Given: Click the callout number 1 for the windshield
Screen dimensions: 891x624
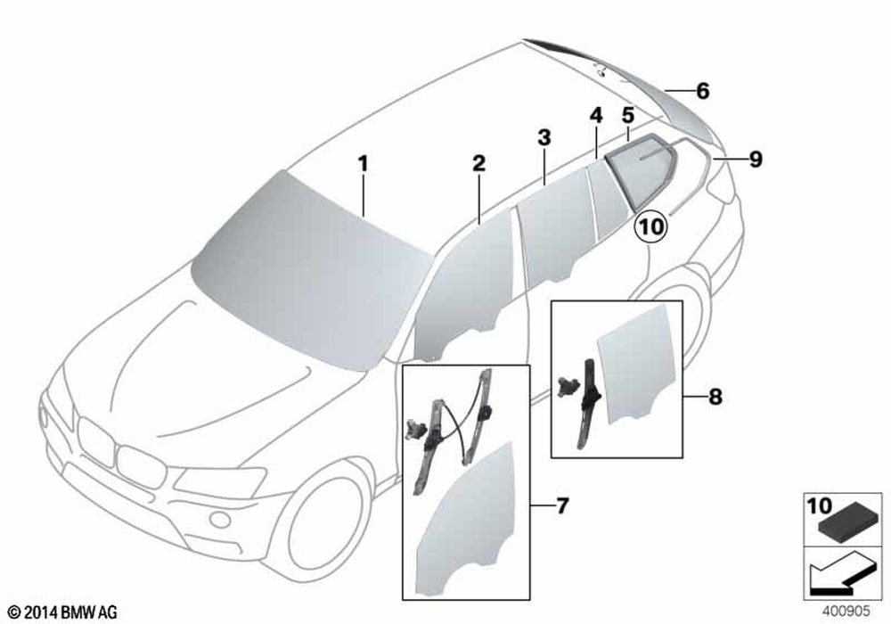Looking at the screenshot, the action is click(364, 164).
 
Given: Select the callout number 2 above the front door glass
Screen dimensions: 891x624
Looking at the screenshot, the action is click(479, 164).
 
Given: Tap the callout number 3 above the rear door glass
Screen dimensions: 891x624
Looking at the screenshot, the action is click(544, 137).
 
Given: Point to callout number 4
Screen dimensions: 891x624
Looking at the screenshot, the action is click(595, 115).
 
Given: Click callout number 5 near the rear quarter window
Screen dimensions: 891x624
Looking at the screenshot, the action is click(627, 115).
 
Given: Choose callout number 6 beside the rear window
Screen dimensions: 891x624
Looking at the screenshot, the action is click(703, 90).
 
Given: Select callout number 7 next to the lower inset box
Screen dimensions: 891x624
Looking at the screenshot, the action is click(562, 505).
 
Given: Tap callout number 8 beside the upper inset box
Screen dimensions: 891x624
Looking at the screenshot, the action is click(715, 396).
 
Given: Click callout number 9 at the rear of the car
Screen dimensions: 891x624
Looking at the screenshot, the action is click(756, 160).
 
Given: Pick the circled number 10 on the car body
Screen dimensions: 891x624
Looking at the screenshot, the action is click(651, 226).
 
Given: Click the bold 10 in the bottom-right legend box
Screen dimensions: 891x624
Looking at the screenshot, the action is click(820, 505).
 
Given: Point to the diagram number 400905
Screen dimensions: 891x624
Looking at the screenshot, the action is click(846, 611).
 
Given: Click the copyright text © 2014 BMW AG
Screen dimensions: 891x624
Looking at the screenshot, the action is click(63, 612).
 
